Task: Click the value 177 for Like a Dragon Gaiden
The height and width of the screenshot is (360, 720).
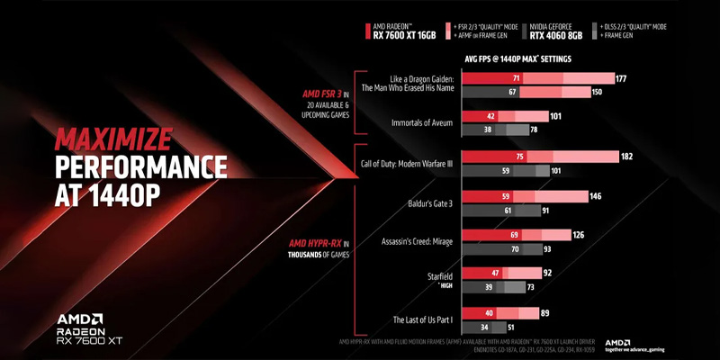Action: (x=620, y=79)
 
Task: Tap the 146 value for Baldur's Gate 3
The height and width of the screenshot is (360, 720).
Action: (x=596, y=195)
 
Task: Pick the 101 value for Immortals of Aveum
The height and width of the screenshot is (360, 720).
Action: (x=556, y=116)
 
